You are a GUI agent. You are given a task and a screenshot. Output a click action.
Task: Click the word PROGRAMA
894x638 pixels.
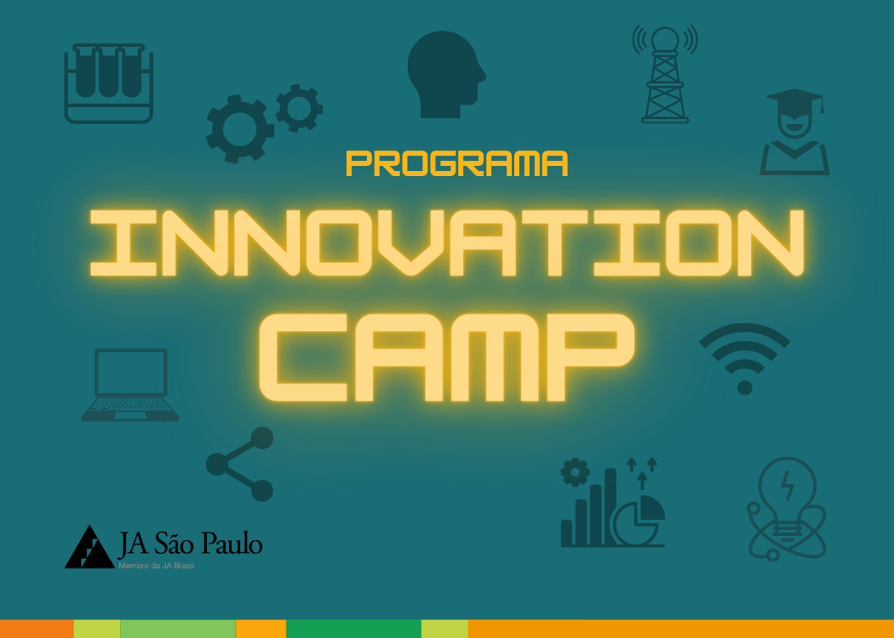click(x=456, y=163)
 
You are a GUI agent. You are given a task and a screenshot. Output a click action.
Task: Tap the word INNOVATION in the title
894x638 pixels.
click(x=447, y=243)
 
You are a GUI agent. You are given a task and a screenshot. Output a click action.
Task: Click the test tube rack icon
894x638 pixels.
click(x=108, y=83)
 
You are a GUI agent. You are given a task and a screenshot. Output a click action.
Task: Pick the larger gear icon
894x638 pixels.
click(x=239, y=128)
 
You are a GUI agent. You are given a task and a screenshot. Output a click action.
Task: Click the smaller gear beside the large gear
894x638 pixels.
click(x=300, y=108)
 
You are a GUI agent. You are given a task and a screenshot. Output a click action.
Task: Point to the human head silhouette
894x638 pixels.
click(x=446, y=75)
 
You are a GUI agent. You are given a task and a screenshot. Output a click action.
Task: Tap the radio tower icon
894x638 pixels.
click(x=665, y=74)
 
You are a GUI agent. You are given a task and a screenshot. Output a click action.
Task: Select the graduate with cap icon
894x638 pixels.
click(x=794, y=132)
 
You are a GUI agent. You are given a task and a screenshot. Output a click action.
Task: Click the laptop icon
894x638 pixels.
click(x=130, y=385)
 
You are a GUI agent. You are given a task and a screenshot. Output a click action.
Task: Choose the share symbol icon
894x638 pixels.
click(x=240, y=464)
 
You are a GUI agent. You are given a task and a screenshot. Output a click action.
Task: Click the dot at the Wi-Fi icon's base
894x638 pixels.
click(x=745, y=387)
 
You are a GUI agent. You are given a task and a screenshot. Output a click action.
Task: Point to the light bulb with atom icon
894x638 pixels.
click(x=787, y=509)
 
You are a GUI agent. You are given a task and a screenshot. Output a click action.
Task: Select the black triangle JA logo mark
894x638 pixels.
click(x=89, y=547)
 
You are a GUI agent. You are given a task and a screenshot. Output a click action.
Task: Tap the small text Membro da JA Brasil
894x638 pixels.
click(x=156, y=566)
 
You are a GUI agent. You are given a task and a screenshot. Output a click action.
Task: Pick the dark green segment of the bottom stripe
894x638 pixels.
click(x=353, y=629)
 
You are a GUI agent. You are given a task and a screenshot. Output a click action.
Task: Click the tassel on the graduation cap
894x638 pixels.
click(x=822, y=105)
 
